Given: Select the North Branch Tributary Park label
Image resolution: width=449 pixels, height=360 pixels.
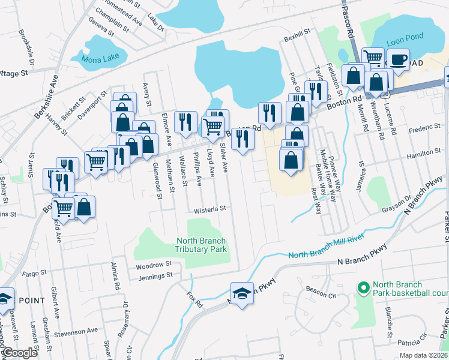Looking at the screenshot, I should coord(202,245).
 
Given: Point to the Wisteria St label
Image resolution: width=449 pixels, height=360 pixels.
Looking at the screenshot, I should coord(209,210).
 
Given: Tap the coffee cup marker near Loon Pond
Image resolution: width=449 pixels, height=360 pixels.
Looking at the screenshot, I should coord(397,59).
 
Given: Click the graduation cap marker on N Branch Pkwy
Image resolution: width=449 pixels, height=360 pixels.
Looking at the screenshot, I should coord(242,293).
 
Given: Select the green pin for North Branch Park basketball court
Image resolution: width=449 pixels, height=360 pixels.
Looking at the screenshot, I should coord(363,289).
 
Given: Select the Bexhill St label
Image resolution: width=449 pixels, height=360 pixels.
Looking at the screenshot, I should coord(297,37).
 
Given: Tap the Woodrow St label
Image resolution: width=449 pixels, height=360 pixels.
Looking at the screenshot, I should coord(154,265).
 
